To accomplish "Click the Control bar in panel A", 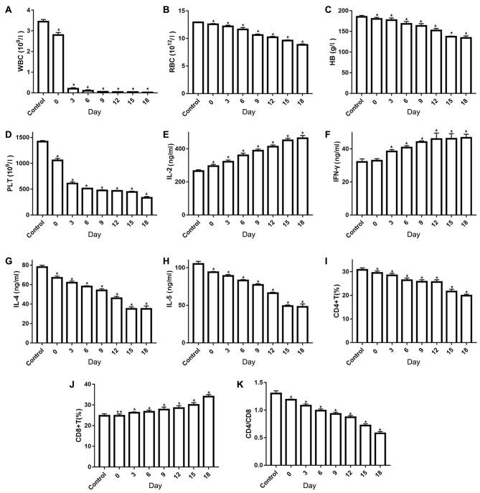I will [x=43, y=57].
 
